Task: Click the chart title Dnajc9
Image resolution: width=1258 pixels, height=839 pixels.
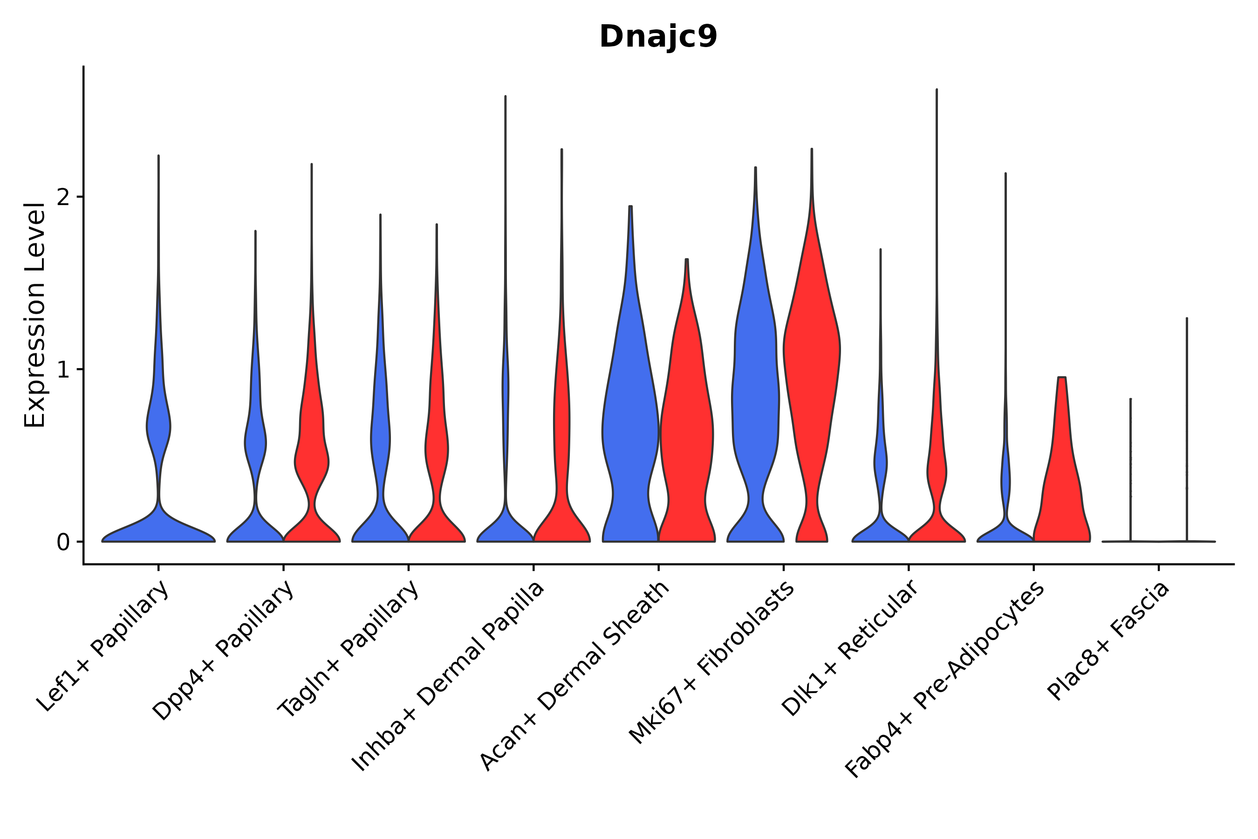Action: click(658, 37)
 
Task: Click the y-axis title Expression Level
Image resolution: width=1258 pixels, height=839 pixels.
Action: click(35, 315)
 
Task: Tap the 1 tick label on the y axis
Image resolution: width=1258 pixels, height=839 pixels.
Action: click(63, 370)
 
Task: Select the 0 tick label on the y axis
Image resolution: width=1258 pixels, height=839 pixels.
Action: click(63, 543)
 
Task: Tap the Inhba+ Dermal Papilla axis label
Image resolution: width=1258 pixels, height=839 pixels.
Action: click(448, 677)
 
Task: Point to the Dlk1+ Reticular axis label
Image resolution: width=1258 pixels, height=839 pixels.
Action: click(850, 648)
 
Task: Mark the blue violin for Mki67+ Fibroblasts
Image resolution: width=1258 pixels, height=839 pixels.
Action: click(755, 401)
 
